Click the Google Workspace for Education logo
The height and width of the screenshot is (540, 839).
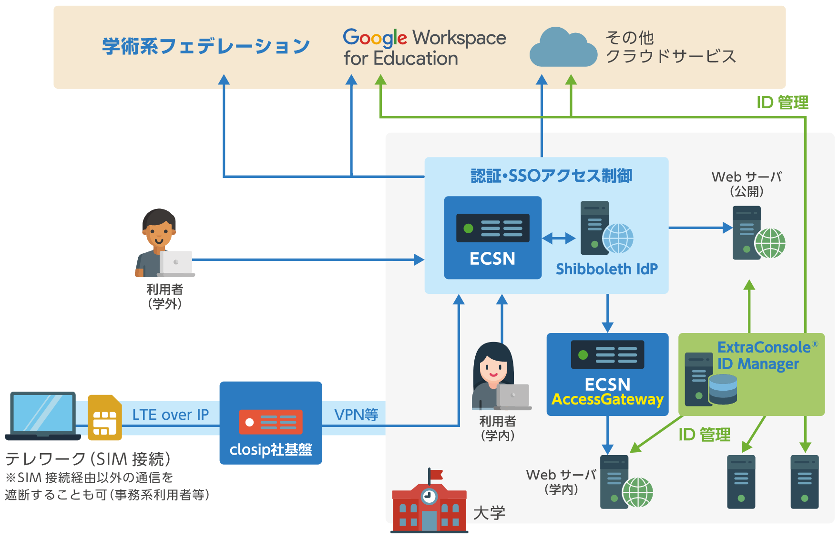tap(424, 48)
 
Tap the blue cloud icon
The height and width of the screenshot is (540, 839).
tap(563, 47)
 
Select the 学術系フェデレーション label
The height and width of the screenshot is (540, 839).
tap(206, 46)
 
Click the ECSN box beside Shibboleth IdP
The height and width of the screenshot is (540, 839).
tap(492, 238)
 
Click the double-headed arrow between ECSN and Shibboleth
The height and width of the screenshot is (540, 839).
tap(559, 238)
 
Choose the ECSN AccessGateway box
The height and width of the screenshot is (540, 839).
tap(607, 374)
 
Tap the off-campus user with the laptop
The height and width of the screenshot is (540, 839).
tap(164, 243)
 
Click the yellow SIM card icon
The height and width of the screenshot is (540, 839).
tap(105, 417)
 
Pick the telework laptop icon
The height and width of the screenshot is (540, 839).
tap(43, 415)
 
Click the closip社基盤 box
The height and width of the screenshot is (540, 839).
tap(271, 423)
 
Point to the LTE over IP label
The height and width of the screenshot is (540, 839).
tap(170, 415)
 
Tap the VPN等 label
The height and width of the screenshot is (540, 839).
tap(356, 415)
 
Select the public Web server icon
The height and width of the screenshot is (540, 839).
tap(758, 233)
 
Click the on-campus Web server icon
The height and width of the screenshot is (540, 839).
tap(626, 482)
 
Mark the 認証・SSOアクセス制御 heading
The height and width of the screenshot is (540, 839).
tap(551, 176)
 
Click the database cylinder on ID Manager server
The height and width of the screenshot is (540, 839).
tap(723, 389)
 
